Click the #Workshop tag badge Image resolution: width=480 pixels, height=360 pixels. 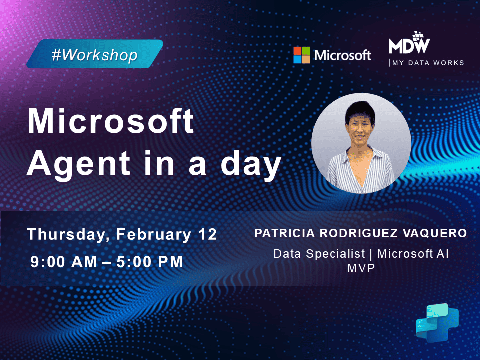tap(95, 54)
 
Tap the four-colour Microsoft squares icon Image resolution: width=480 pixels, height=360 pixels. tap(301, 55)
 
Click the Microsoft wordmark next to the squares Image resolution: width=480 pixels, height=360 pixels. tap(342, 55)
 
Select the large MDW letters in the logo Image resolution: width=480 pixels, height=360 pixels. tap(409, 46)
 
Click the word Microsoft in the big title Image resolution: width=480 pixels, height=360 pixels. tap(110, 121)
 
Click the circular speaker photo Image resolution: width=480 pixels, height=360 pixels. tap(361, 143)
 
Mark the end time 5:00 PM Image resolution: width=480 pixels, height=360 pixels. tap(150, 262)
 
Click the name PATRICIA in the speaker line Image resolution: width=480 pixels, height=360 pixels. tap(283, 233)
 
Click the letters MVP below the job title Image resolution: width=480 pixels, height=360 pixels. tap(361, 268)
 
